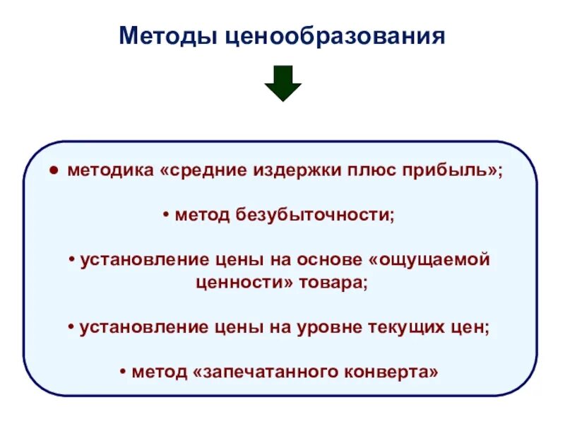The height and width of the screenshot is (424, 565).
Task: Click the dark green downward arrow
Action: [283, 83]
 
